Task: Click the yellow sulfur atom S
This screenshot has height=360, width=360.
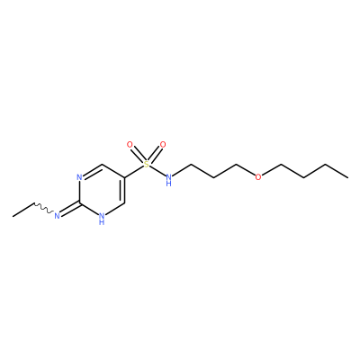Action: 146,164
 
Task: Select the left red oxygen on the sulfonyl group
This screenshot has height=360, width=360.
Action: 130,145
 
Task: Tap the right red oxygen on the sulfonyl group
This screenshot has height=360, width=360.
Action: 163,145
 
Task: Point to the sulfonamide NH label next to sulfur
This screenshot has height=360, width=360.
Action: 169,179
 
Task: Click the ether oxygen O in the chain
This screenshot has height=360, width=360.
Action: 258,177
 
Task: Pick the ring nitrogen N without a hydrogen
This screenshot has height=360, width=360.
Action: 79,177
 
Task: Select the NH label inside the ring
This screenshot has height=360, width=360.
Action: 102,219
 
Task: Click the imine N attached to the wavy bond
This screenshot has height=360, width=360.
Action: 57,215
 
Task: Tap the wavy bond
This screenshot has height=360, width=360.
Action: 43,209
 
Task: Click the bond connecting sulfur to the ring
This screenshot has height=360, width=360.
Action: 133,171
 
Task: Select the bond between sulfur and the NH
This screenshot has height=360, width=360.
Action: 157,170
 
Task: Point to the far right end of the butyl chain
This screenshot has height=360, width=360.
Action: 348,177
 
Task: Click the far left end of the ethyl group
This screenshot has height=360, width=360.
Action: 13,216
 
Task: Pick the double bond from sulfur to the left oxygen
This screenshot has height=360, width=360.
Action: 138,155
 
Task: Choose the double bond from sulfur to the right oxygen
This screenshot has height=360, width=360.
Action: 155,155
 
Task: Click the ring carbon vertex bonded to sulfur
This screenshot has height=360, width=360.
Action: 124,177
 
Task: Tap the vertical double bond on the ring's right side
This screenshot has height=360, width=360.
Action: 122,190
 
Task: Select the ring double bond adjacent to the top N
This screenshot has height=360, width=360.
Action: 93,170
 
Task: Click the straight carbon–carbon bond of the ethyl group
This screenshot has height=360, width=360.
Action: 23,210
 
